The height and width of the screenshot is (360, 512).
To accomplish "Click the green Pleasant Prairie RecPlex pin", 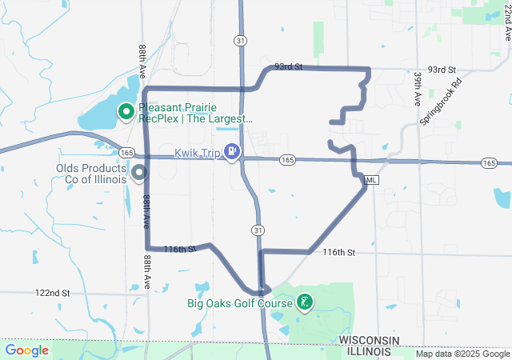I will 126,112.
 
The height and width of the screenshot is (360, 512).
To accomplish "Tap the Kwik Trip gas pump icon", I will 232,150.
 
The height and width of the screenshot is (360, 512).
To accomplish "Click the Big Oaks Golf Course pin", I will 304,302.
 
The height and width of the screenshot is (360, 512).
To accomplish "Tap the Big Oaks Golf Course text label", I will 239,303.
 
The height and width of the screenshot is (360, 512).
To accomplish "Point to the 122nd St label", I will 53,294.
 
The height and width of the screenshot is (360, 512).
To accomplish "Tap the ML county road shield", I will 370,180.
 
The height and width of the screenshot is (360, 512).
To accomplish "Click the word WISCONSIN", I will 369,341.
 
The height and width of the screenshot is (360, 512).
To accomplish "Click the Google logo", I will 27,350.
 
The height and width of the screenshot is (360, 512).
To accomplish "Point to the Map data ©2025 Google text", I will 462,354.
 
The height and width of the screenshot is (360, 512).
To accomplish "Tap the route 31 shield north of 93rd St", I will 241,39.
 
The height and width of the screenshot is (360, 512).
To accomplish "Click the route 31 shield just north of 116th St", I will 257,230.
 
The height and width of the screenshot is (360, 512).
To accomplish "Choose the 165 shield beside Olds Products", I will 126,150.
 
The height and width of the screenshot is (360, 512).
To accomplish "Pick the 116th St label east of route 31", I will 338,252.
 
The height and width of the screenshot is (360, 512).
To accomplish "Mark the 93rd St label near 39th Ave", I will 441,70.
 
